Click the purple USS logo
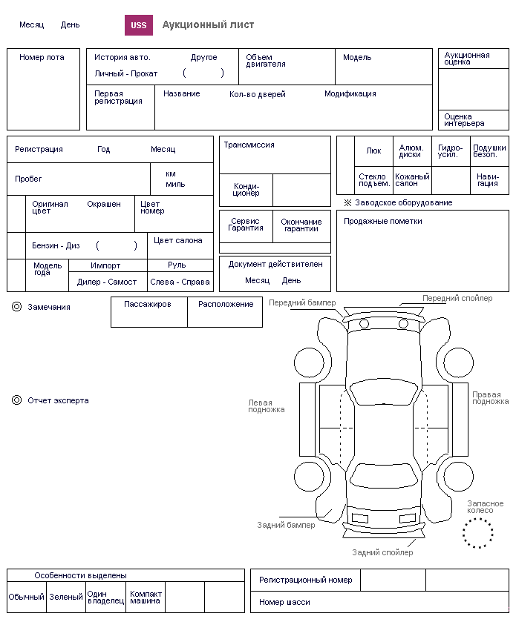coord(138,25)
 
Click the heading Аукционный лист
coord(208,25)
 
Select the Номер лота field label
coord(42,58)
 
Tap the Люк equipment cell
coord(373,150)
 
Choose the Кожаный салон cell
coord(412,180)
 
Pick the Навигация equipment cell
coord(489,180)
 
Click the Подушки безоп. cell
coord(489,150)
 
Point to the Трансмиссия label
coord(249,145)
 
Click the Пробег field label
coord(28,179)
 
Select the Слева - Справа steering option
coord(180,282)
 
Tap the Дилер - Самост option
coord(107,282)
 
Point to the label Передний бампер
coord(302,302)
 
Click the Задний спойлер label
coord(382,553)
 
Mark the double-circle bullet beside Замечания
coord(16,307)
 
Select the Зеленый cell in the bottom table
coord(66,597)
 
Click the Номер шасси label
coord(284,603)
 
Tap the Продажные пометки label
coord(383,222)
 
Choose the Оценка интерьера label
coord(464,120)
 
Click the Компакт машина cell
coord(146,597)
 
